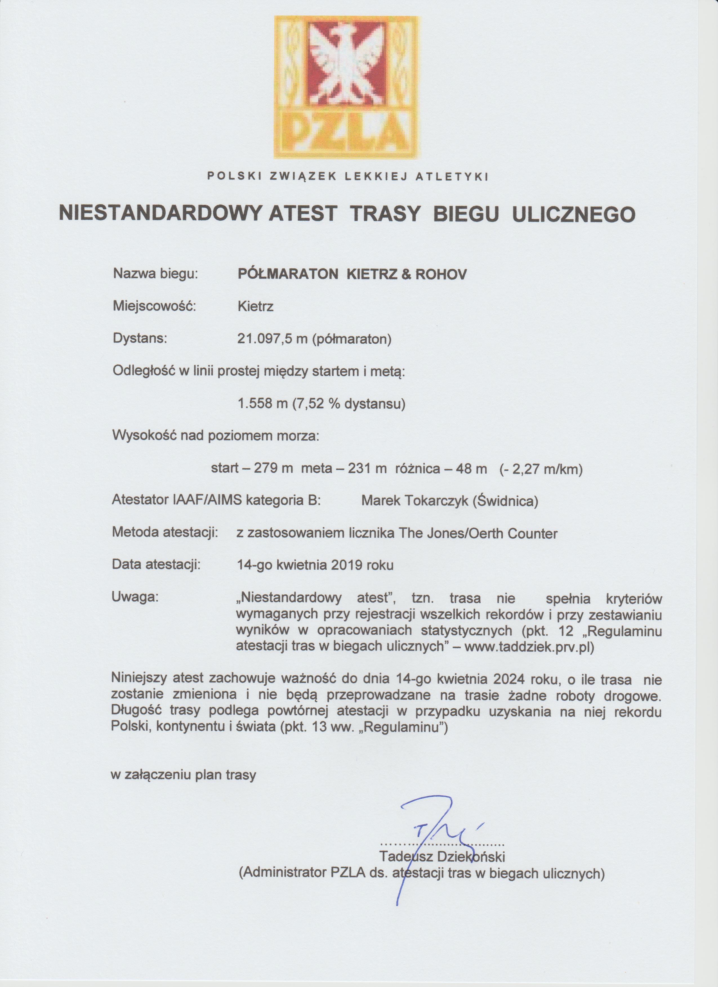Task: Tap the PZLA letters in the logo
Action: [346, 131]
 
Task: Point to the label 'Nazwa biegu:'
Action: [155, 274]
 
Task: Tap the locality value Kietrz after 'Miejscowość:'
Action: [255, 306]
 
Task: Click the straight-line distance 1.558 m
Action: [260, 404]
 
